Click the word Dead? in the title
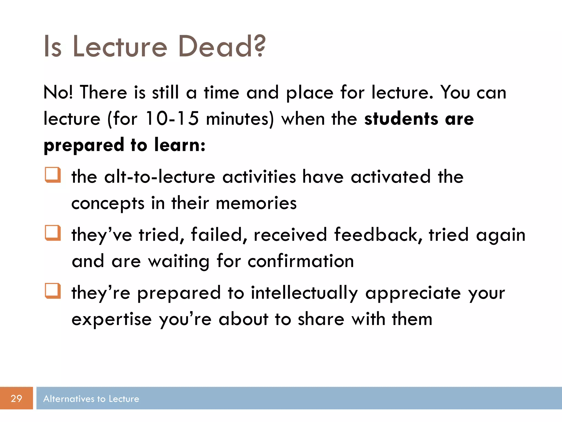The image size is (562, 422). (x=222, y=47)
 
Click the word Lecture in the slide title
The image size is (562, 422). (x=120, y=47)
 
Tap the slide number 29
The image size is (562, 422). (x=16, y=398)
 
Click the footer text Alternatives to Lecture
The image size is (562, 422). (x=91, y=399)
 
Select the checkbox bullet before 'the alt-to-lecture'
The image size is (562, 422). (x=53, y=175)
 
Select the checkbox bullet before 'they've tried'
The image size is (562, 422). (x=53, y=233)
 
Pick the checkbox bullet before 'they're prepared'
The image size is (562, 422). (x=53, y=291)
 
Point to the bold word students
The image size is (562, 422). (x=401, y=119)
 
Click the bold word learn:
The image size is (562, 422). (x=180, y=145)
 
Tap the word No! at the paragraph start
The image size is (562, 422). (x=58, y=92)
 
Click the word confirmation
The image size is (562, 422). (x=301, y=261)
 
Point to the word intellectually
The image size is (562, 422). (x=304, y=293)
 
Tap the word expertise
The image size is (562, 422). (x=111, y=319)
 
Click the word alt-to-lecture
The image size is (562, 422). (x=160, y=177)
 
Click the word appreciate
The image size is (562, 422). (x=413, y=293)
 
